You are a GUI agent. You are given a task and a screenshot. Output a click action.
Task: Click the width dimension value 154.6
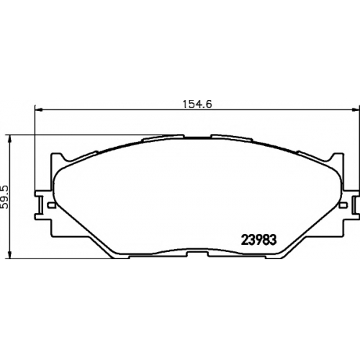[197, 104]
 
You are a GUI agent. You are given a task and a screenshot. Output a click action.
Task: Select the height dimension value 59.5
[4, 197]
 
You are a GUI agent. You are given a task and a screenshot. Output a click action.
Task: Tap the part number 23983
[258, 240]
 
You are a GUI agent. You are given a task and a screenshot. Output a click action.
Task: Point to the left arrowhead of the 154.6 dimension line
[39, 110]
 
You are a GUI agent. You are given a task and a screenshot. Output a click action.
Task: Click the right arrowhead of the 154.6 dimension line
[356, 110]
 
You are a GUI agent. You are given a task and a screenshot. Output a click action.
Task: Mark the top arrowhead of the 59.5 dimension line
[9, 139]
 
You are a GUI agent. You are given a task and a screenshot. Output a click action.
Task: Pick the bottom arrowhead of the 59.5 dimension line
[9, 255]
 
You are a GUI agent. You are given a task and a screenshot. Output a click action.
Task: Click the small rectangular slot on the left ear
[51, 205]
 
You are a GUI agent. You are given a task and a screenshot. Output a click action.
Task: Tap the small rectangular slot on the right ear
[343, 205]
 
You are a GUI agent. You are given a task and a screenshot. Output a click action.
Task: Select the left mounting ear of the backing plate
[43, 204]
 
